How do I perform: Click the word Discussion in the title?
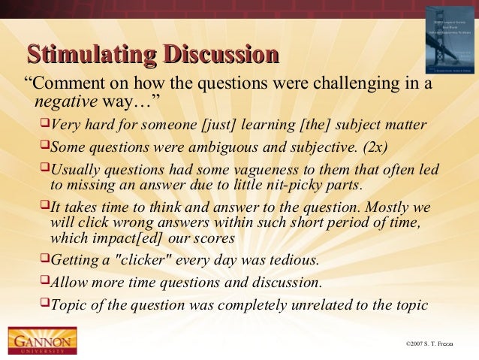tap(223, 55)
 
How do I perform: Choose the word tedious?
tap(293, 261)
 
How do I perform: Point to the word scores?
tap(216, 238)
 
